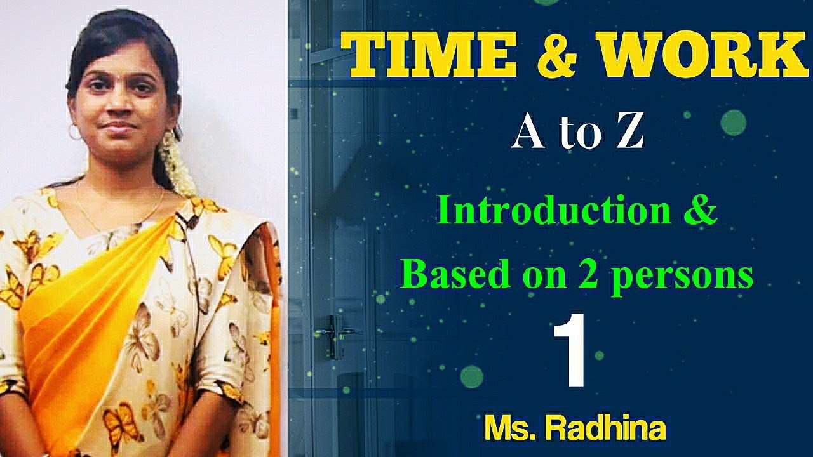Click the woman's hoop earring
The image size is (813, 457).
(74, 132)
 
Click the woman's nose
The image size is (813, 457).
(119, 105)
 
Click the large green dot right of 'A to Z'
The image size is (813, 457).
(733, 122)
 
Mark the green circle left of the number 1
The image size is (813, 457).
(472, 376)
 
